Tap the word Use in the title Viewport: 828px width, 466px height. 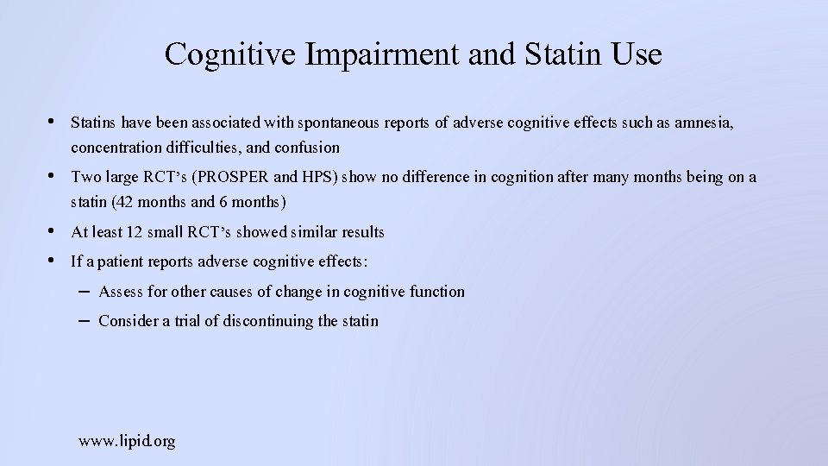click(636, 54)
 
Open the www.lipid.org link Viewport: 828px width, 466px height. click(127, 441)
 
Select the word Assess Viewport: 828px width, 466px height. click(121, 292)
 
